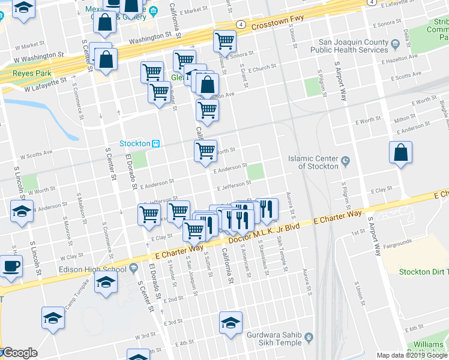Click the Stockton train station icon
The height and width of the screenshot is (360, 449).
point(155,143)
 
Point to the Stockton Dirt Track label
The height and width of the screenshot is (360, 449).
point(424,271)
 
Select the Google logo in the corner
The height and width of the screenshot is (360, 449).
point(19,353)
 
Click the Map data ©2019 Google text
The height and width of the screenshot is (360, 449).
point(412,355)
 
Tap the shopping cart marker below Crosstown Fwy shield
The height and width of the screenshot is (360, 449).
point(224,41)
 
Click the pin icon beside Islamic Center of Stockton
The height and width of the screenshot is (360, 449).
point(345,161)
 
